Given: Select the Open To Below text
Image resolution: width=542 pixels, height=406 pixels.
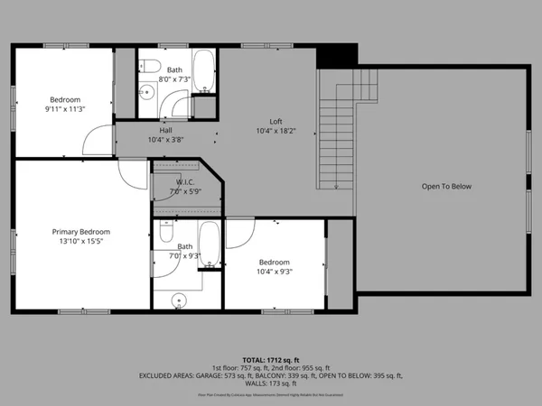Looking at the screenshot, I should [446, 187].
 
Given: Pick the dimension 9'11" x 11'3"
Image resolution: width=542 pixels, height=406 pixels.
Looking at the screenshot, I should [65, 109].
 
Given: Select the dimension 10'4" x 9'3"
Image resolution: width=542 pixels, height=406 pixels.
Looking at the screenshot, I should [275, 271].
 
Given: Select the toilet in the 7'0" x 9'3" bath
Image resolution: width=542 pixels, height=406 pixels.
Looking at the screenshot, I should [166, 232].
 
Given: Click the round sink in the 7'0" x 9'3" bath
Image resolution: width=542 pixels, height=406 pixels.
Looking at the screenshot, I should [177, 298].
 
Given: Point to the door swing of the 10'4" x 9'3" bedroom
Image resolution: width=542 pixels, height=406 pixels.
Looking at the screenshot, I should [239, 233].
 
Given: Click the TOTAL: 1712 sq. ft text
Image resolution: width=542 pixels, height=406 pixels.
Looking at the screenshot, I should [271, 359].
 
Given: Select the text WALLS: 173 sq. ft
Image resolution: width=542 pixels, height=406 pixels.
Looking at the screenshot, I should [271, 383].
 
